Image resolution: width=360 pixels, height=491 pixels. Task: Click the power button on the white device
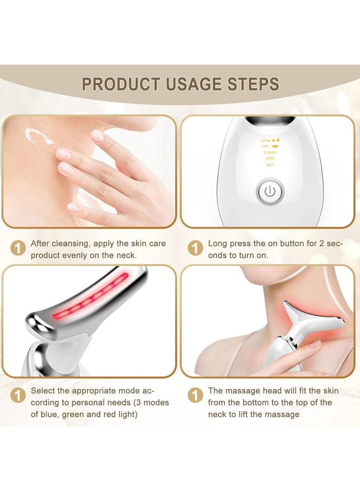coord(270,192)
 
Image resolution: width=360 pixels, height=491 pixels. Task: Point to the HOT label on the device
coord(270,165)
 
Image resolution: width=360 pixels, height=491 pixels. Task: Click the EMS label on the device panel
coord(270,158)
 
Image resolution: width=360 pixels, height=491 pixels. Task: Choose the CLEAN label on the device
coord(270,153)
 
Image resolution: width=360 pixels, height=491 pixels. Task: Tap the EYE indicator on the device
coord(265,146)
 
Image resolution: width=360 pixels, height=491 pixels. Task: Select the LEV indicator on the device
coord(265,140)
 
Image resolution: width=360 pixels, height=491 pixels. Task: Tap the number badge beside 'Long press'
coord(195,248)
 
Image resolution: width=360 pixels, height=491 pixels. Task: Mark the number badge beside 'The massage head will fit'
coord(195,396)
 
